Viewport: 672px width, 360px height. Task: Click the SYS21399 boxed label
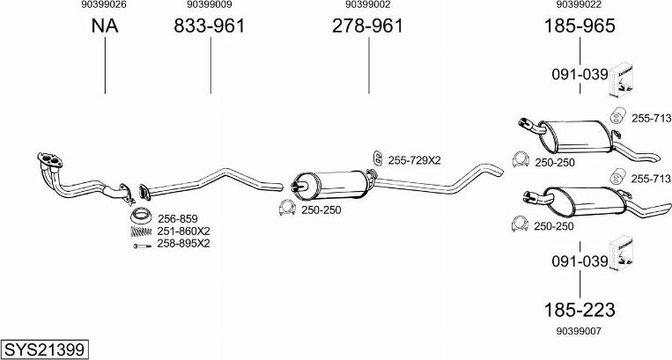(x=45, y=349)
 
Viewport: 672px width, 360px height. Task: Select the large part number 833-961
(x=209, y=26)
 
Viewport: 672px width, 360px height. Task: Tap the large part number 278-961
(x=368, y=26)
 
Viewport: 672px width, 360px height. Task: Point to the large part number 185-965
(x=580, y=26)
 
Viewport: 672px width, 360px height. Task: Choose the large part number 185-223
(x=580, y=310)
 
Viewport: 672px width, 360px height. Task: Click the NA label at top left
(x=105, y=26)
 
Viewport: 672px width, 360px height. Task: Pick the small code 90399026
(x=104, y=4)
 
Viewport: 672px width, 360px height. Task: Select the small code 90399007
(x=579, y=331)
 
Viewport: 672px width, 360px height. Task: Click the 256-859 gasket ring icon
(x=141, y=216)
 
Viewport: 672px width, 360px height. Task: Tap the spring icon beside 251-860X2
(x=141, y=231)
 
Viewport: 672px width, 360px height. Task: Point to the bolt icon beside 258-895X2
(x=142, y=246)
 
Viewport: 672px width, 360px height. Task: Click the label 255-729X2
(x=414, y=160)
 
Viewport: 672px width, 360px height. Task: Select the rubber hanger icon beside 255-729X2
(x=378, y=158)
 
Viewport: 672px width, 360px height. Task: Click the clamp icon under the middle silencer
(x=287, y=208)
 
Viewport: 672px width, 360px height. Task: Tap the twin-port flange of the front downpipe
(x=50, y=159)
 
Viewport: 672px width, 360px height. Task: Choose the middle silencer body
(x=331, y=185)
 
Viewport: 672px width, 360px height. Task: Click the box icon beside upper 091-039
(x=623, y=79)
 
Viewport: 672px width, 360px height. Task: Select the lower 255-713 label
(x=651, y=179)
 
